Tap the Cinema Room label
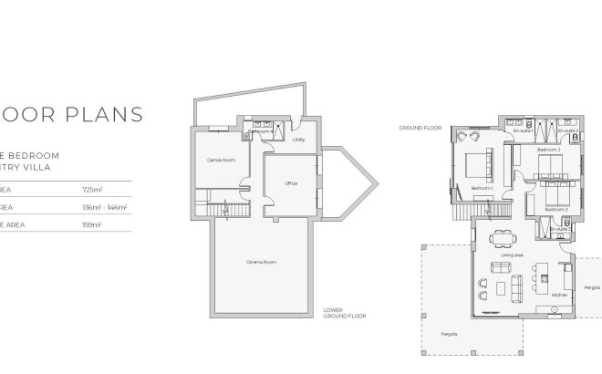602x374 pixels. [261, 262]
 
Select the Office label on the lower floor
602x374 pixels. [291, 183]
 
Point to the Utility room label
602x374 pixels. [298, 140]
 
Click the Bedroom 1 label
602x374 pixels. [483, 188]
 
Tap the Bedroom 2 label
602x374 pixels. [548, 149]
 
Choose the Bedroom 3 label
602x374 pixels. [555, 209]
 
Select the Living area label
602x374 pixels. [512, 255]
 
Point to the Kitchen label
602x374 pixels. [559, 296]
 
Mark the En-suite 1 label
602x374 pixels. [523, 130]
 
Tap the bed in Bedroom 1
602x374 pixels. [478, 169]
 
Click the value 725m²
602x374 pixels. [93, 190]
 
